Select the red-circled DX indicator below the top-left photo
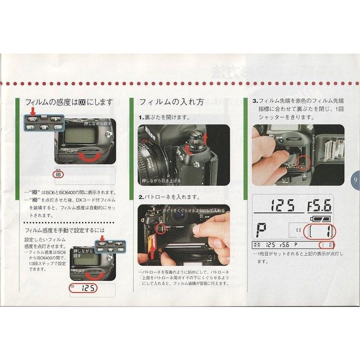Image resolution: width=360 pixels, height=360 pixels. tap(57, 174)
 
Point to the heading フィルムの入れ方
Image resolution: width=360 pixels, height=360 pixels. tap(171, 102)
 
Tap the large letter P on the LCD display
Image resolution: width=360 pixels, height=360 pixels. tap(261, 229)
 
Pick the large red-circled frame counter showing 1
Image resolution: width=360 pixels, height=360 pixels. tap(320, 232)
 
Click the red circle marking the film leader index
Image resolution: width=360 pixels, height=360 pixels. tap(305, 162)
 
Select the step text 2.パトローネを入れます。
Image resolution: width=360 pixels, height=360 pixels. tap(169, 197)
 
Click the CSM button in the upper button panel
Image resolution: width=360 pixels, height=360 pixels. tap(57, 128)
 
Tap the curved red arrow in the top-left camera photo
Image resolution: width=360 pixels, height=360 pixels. tap(90, 156)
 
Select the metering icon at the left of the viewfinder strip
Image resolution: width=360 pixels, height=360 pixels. tap(256, 245)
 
